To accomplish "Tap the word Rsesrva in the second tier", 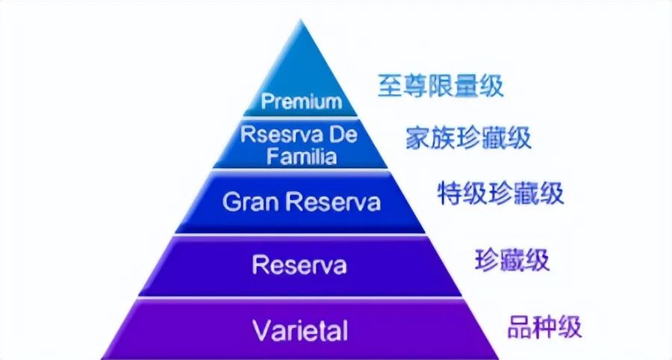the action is (x=274, y=136).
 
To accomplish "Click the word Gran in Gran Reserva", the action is (x=249, y=202).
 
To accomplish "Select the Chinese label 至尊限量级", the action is (x=440, y=86).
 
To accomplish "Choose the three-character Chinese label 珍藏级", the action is (x=512, y=260).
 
